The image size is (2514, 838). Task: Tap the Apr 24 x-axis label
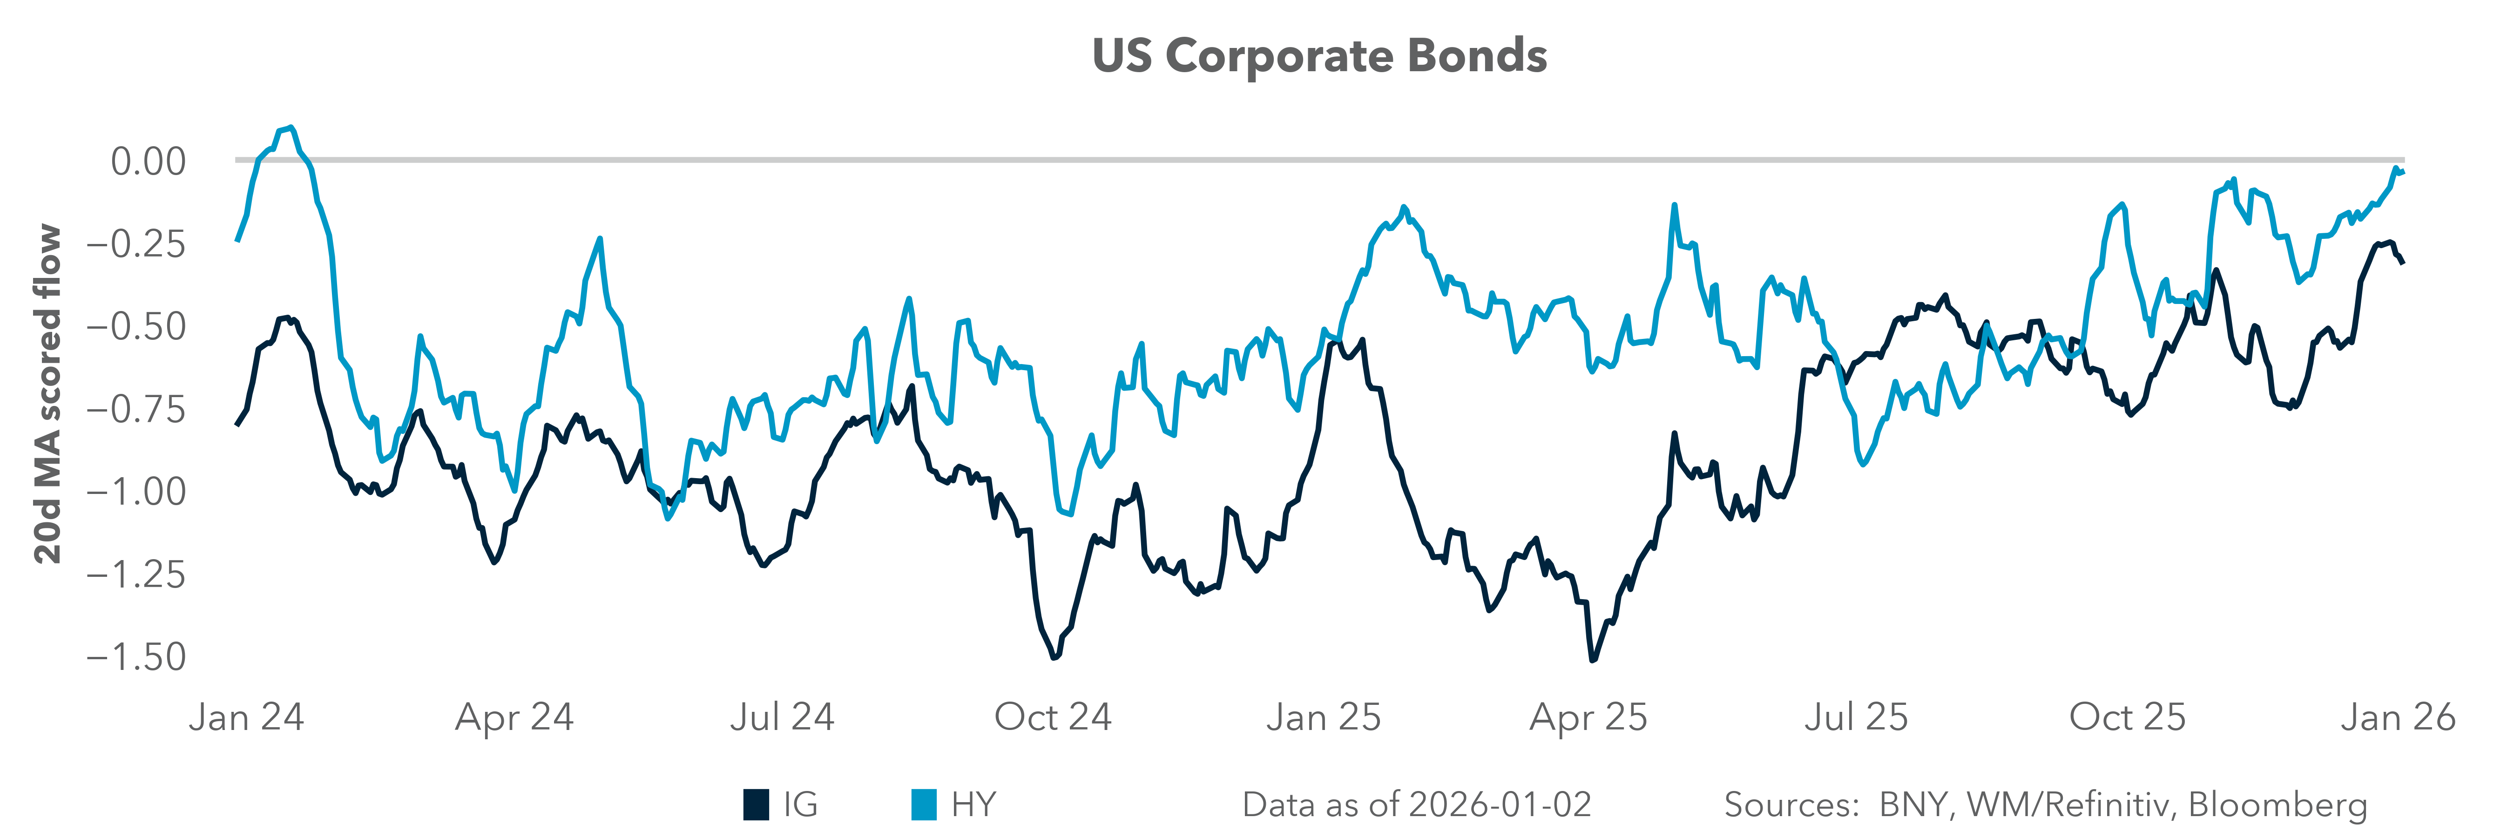click(514, 718)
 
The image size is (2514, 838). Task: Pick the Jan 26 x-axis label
click(2397, 718)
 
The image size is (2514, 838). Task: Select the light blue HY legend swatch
click(923, 805)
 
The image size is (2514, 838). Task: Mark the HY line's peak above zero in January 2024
click(291, 127)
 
